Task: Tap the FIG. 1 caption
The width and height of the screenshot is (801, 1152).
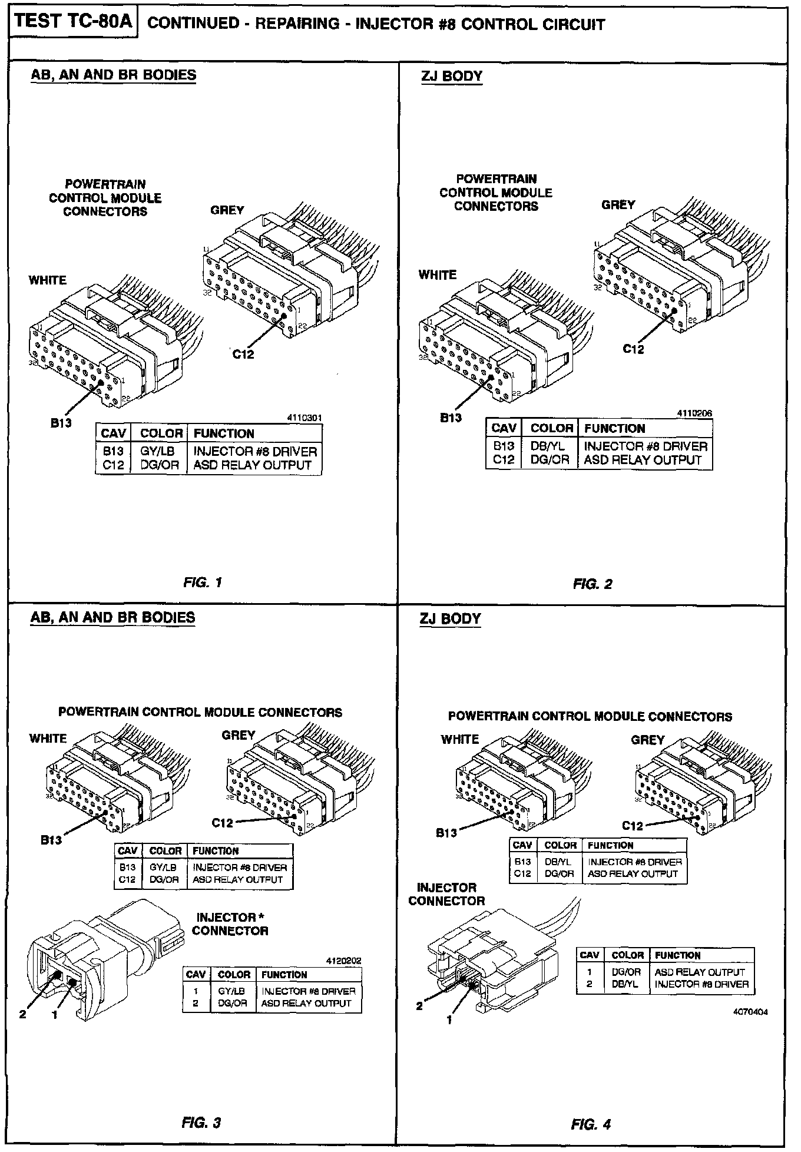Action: tap(203, 582)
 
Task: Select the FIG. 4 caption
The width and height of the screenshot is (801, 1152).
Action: tap(591, 1124)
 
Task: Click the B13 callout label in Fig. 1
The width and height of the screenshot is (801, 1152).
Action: tap(61, 423)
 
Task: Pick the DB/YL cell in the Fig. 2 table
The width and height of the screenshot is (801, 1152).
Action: tap(547, 446)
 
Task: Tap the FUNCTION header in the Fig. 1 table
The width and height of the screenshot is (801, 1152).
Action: tap(224, 434)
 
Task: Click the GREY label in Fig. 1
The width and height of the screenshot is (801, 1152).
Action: tap(227, 210)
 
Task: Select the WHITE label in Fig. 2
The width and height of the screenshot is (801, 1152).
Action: tap(438, 275)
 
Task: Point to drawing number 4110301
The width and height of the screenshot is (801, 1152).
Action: tap(304, 419)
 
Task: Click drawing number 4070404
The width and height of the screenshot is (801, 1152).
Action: tap(750, 1012)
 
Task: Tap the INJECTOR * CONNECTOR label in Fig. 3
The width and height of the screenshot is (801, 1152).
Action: tap(230, 924)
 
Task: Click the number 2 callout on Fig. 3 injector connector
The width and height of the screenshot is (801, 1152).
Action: tap(23, 1015)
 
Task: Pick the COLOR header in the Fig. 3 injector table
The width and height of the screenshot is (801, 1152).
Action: tap(234, 975)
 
